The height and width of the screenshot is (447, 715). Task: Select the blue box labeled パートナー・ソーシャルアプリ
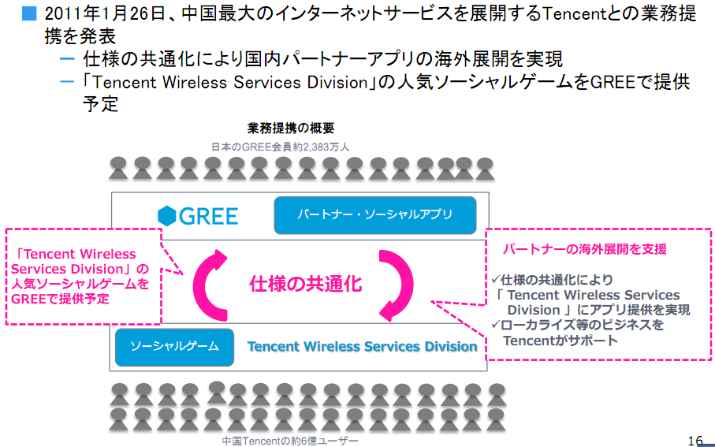[374, 215]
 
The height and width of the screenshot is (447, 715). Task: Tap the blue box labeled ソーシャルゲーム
[174, 347]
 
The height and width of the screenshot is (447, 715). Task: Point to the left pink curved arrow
[210, 284]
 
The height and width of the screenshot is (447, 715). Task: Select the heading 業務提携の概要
[291, 129]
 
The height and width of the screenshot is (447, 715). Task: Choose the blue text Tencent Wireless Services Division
[362, 347]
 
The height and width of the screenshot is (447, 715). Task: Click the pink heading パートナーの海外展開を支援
[585, 249]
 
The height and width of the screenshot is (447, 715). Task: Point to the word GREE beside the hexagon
[208, 215]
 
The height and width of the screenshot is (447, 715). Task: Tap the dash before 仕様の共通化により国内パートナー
[67, 59]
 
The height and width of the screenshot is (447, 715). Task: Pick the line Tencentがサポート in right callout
[560, 341]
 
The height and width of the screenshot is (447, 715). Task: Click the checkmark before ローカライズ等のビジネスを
[494, 325]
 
